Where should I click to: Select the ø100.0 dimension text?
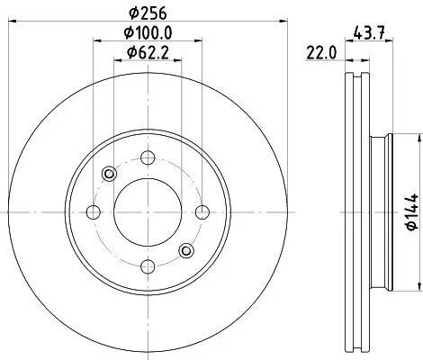[146, 33]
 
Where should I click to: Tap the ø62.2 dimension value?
[146, 54]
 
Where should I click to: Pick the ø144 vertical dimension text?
[409, 212]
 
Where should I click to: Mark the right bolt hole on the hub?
[199, 212]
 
